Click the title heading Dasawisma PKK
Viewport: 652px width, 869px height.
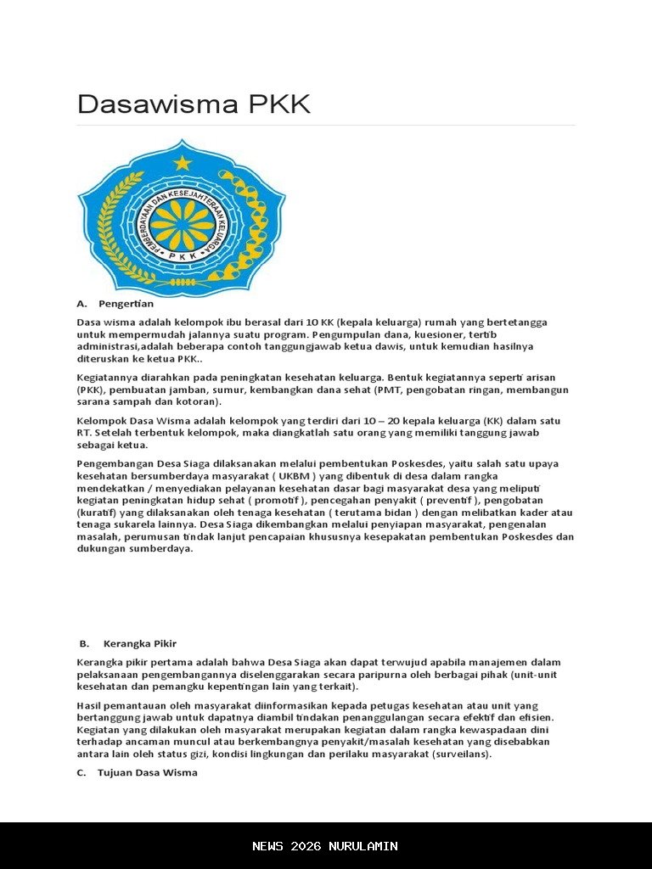pos(194,104)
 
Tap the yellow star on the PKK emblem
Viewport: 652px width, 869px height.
pos(183,161)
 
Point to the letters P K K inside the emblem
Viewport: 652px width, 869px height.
pos(182,255)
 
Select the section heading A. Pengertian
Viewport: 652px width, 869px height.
pos(115,303)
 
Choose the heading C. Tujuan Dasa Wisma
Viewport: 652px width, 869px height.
pos(137,772)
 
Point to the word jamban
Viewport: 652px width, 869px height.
pos(188,390)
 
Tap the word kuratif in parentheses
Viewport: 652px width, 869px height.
pos(96,513)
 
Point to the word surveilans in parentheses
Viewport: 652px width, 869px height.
pos(461,754)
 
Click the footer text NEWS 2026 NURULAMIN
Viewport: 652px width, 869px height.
pos(325,846)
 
